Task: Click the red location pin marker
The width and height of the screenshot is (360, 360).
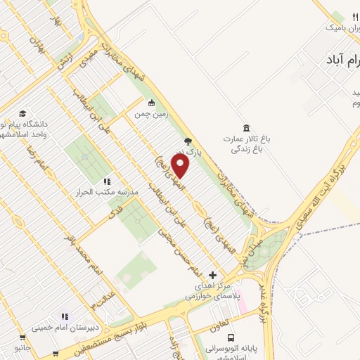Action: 181,166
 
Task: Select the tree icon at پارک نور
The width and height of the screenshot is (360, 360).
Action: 187,141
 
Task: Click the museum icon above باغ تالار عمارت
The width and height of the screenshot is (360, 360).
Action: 245,128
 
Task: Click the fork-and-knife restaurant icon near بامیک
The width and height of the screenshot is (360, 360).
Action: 355,16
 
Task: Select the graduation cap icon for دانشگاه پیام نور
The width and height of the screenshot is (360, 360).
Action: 22,114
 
